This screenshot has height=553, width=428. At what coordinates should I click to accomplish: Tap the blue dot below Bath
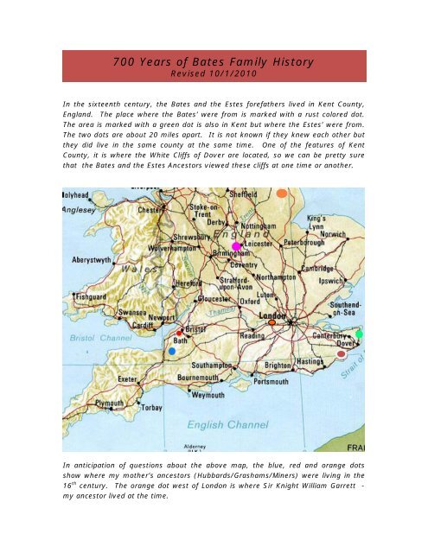[173, 352]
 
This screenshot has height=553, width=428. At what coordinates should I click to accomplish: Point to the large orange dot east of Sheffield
[281, 194]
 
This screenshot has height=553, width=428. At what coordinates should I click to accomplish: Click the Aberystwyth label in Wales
[89, 258]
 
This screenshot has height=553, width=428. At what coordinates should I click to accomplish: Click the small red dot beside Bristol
[179, 333]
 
